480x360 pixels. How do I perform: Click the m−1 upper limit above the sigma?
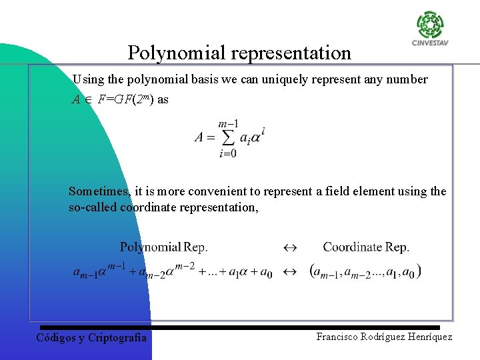(229, 124)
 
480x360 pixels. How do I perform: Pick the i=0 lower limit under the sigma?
(228, 153)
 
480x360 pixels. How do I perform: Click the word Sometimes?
(99, 191)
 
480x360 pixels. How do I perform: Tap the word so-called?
(93, 207)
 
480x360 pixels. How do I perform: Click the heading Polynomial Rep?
(164, 247)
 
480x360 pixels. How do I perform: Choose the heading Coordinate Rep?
(366, 247)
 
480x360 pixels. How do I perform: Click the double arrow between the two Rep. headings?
(289, 247)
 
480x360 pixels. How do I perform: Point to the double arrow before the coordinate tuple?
(289, 272)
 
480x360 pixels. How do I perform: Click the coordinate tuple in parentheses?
(365, 272)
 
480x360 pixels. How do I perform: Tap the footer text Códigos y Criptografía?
(91, 337)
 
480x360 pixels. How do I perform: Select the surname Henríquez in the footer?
(425, 337)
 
